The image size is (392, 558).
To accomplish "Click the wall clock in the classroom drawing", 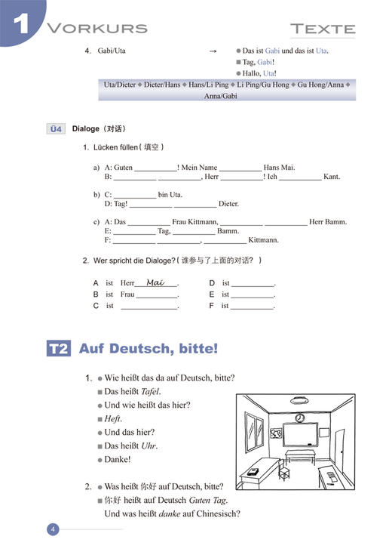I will (x=300, y=418).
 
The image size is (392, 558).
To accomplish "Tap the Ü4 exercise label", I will (x=56, y=128).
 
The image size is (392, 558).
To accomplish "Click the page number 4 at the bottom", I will (x=53, y=529).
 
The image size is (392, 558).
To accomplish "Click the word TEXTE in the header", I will (x=323, y=29).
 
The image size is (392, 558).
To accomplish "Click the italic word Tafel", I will (x=151, y=391).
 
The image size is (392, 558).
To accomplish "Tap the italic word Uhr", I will (x=151, y=445).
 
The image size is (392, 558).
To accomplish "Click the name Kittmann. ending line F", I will (x=263, y=240).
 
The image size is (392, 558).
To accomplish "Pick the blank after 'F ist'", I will (x=253, y=306).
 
